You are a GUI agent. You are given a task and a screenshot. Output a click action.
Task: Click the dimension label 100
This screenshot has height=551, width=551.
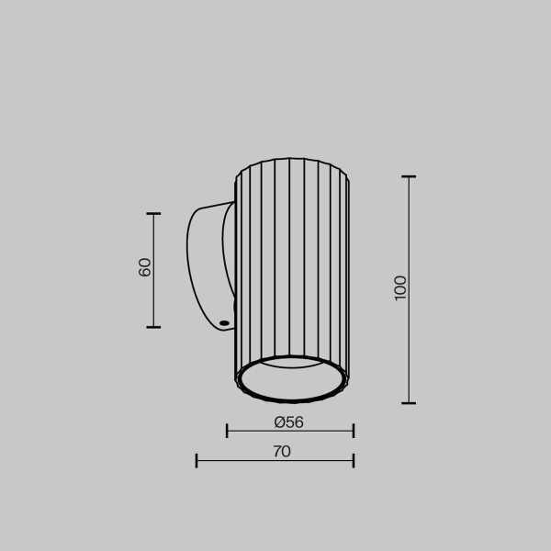click(399, 287)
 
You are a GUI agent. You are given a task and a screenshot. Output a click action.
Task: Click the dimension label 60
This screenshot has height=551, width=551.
click(144, 267)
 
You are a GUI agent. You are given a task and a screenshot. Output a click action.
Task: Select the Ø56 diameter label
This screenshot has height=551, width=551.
click(288, 422)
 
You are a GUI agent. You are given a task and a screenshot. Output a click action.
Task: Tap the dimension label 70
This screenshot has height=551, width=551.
click(281, 451)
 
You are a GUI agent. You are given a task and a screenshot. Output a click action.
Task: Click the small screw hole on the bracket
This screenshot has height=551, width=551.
click(223, 322)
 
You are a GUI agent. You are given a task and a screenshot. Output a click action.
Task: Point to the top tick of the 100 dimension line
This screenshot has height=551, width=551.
click(409, 176)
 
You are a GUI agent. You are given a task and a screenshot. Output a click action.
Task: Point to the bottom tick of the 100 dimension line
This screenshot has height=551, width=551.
click(409, 402)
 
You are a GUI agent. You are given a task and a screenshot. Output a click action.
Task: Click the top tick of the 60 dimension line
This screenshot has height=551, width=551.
click(153, 214)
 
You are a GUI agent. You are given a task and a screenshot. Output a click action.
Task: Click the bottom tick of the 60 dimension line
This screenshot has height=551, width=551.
click(153, 326)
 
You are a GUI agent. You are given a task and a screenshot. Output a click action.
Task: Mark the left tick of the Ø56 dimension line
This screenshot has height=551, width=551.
click(227, 430)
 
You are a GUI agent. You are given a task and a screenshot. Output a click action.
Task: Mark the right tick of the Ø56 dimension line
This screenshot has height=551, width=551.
click(353, 430)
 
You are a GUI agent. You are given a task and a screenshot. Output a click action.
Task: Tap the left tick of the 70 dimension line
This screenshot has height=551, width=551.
click(197, 460)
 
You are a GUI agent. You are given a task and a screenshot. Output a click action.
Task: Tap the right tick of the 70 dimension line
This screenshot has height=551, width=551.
click(353, 460)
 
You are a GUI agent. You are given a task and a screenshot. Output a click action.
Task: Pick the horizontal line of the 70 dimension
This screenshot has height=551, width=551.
click(275, 460)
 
